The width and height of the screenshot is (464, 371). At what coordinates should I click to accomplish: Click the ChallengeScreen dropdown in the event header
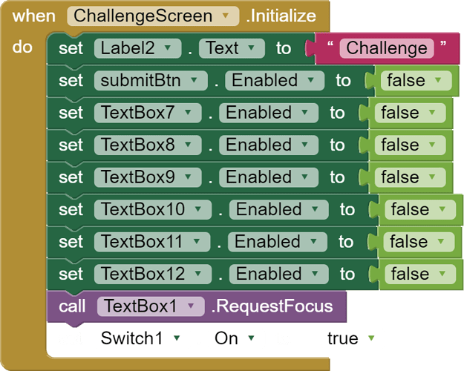click(x=153, y=16)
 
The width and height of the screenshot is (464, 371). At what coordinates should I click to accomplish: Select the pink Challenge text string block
click(x=386, y=48)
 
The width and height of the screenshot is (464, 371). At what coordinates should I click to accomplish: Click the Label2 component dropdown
click(x=138, y=48)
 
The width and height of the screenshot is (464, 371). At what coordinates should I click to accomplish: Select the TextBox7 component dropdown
click(x=147, y=113)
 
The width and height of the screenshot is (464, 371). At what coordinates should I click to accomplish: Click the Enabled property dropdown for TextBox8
click(x=268, y=145)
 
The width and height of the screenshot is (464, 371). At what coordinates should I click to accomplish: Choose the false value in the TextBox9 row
click(x=408, y=177)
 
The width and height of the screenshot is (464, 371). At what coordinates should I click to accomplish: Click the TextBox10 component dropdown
click(x=151, y=210)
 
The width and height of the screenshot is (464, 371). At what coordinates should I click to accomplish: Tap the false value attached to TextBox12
click(x=418, y=275)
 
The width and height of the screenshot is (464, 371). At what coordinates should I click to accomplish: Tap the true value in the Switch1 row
click(x=353, y=339)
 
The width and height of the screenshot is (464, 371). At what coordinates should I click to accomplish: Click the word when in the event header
click(x=33, y=16)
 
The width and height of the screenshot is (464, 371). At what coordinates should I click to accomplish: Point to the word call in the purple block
click(x=72, y=306)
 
